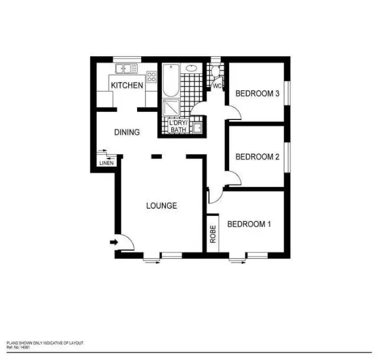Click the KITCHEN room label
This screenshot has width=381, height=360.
coord(127,86)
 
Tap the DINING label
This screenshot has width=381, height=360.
coord(126,132)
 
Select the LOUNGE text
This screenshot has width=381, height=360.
coord(161,206)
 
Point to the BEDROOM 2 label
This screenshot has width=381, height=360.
coord(257,157)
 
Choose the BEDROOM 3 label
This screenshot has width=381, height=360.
coord(257,93)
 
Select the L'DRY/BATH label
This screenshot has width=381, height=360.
coord(178,127)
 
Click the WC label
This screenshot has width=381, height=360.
coord(217,86)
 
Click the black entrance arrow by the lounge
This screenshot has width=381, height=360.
coord(113,241)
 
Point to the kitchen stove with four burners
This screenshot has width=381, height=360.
coord(151,76)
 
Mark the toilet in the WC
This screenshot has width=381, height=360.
coord(216,72)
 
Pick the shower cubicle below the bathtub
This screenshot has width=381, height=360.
coord(171,108)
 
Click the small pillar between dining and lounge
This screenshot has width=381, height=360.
coord(155,157)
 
